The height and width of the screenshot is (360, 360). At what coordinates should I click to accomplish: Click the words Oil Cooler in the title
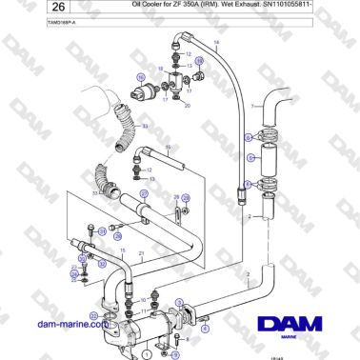click(x=150, y=6)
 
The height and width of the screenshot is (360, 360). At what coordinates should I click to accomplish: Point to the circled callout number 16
click(x=140, y=75)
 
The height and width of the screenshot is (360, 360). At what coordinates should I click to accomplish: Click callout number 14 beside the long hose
click(x=216, y=44)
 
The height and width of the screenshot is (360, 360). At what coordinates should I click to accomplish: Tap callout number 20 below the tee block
click(x=188, y=105)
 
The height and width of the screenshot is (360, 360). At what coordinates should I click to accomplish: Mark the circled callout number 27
click(x=144, y=192)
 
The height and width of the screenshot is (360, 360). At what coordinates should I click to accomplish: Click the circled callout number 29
click(x=186, y=198)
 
